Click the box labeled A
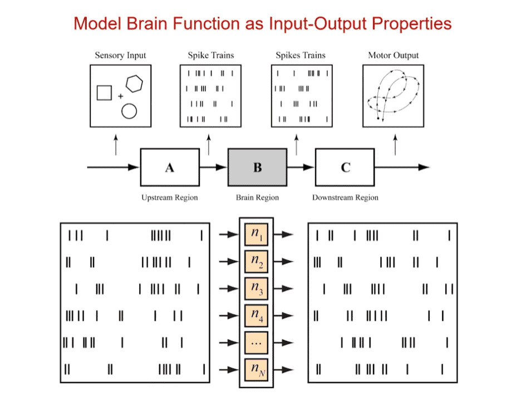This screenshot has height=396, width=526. (x=170, y=167)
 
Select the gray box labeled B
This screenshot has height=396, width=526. (x=257, y=167)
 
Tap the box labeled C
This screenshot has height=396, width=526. (x=345, y=167)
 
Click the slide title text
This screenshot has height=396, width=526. (x=263, y=23)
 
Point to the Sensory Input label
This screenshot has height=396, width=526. (x=120, y=55)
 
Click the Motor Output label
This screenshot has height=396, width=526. (x=394, y=55)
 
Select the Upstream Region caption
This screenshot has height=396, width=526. (x=169, y=198)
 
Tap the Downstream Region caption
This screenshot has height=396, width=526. (x=345, y=198)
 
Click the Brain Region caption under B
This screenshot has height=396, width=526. (x=257, y=198)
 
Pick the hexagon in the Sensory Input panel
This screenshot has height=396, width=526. (x=134, y=84)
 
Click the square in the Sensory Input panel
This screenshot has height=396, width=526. (x=104, y=93)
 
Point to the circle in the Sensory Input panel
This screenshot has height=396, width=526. (x=129, y=111)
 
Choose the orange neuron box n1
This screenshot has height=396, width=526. (x=257, y=234)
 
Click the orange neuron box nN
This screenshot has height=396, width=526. (x=257, y=369)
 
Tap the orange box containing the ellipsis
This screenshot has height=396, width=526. (x=257, y=342)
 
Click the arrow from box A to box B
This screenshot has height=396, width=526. (x=213, y=167)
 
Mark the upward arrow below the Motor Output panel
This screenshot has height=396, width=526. (x=395, y=144)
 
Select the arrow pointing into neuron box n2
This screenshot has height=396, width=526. (x=229, y=261)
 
